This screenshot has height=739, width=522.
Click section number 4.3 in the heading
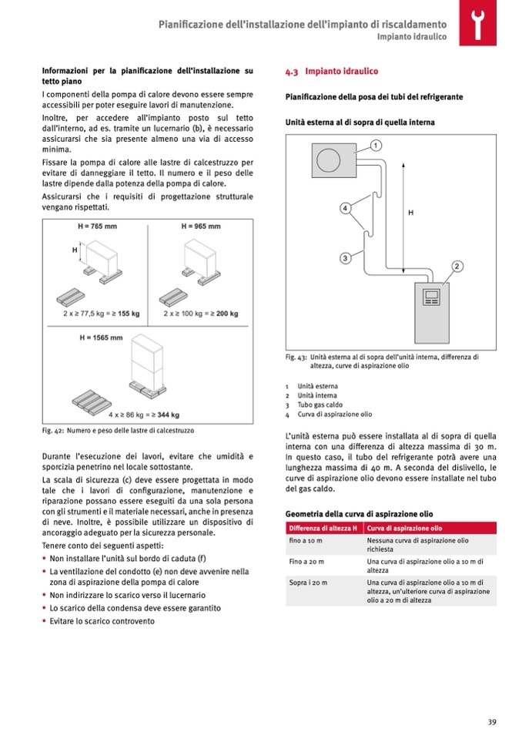pos(293,72)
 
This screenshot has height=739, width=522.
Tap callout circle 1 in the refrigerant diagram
pos(376,145)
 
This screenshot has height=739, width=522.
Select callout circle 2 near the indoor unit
pos(457,266)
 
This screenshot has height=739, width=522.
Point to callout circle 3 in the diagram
pos(346,257)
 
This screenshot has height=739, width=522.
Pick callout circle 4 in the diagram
pos(346,208)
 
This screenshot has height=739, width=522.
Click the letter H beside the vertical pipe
pos(410,213)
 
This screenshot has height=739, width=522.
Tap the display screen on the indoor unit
pos(431,294)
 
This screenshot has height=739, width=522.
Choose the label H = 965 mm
pos(201,227)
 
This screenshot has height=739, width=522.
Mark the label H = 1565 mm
pos(101,338)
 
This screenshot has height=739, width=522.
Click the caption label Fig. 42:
pos(52,430)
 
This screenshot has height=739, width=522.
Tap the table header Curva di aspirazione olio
pos(404,528)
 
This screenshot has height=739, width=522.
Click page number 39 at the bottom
pos(491,721)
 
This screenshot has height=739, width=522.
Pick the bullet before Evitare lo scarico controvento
pos(44,621)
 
